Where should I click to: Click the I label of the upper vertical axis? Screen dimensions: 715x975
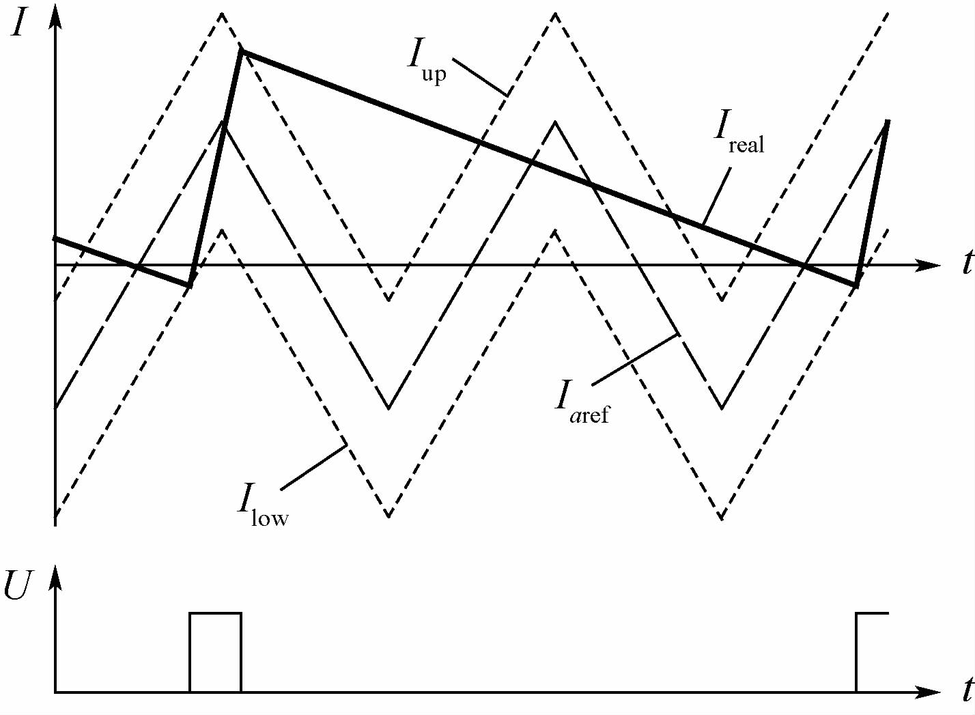point(19,25)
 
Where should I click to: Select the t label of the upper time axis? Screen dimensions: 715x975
point(966,263)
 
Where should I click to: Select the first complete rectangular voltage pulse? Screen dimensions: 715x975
point(215,652)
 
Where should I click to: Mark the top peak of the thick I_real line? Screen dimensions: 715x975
point(240,51)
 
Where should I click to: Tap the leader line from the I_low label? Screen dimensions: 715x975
point(313,467)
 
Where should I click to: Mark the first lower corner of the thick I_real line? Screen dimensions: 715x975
point(190,283)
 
